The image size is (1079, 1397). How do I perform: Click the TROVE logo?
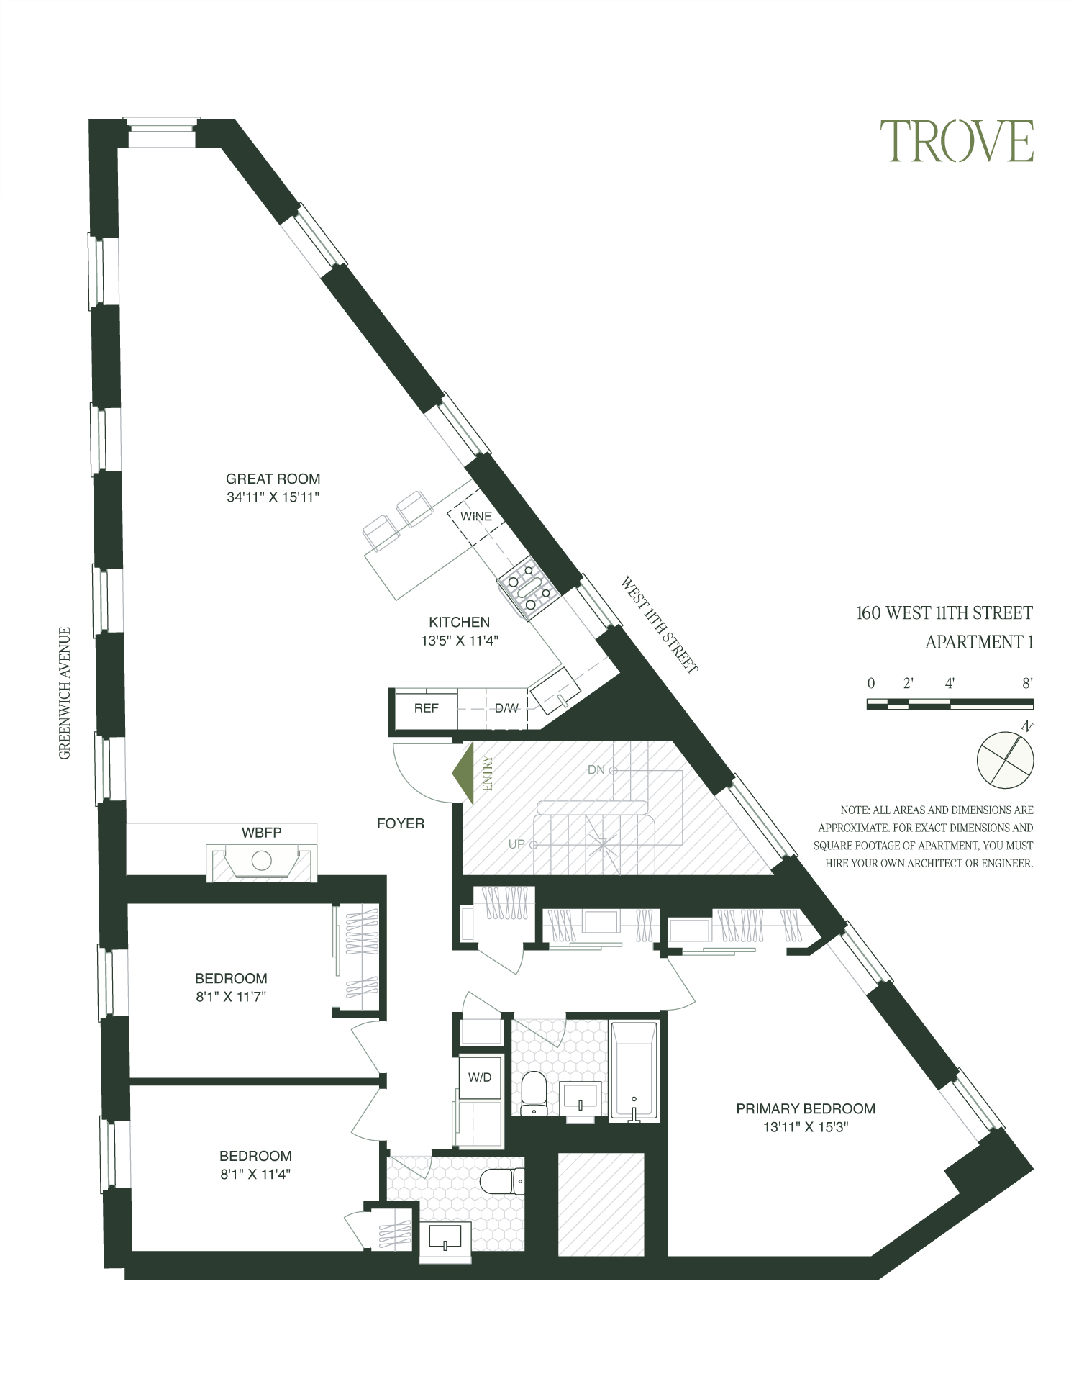tap(957, 141)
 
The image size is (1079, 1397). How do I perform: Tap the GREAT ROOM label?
tap(273, 479)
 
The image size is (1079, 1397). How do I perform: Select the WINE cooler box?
tap(476, 517)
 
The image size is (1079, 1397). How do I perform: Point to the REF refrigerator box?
tap(426, 709)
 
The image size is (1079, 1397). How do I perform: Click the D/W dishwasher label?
tap(506, 709)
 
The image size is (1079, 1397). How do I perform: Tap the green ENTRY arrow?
tap(464, 774)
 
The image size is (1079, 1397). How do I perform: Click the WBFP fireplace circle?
tap(260, 860)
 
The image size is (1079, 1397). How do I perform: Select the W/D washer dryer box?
tap(480, 1077)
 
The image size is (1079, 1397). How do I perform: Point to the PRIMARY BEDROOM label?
tap(805, 1109)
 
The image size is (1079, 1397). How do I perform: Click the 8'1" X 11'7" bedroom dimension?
tap(231, 998)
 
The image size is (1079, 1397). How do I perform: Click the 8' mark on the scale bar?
tap(1027, 684)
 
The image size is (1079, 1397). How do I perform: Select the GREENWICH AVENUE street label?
tap(65, 693)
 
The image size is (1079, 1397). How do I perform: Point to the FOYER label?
tap(401, 824)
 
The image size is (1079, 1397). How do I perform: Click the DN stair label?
tap(596, 770)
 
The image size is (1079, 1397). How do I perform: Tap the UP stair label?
tap(516, 844)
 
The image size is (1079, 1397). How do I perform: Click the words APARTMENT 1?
tap(978, 642)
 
